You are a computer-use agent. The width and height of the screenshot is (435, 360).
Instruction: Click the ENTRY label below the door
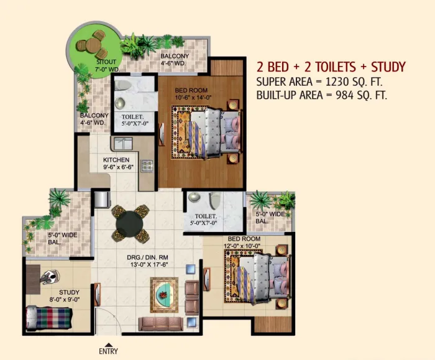[109, 351]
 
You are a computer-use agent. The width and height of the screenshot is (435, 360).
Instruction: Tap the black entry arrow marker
[109, 345]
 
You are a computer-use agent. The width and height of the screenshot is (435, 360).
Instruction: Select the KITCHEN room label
[116, 160]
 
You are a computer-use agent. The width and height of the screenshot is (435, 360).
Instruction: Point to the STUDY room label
[69, 292]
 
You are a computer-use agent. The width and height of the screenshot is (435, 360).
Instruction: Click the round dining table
[129, 224]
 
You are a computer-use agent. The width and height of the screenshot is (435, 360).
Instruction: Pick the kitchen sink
[122, 144]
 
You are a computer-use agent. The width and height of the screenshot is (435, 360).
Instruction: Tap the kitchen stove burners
[147, 166]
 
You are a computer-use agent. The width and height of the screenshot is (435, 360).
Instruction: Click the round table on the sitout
[93, 45]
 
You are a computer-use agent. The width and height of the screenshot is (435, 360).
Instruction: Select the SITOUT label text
[106, 62]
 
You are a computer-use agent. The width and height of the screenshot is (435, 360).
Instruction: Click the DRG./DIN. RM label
[148, 257]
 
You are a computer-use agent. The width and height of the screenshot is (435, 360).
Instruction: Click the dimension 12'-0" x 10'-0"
[242, 246]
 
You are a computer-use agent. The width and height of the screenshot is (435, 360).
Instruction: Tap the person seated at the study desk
[50, 277]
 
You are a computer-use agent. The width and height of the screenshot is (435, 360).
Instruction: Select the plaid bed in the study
[49, 318]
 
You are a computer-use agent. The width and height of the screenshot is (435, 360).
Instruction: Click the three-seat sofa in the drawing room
[161, 324]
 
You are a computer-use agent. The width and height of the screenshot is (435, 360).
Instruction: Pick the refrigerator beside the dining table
[102, 200]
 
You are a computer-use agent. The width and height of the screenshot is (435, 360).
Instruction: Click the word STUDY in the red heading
[388, 67]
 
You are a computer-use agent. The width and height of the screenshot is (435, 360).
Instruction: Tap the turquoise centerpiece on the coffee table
[163, 295]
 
